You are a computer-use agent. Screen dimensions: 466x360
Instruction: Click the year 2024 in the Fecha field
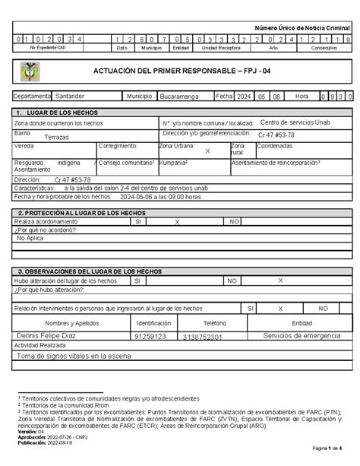tap(245, 97)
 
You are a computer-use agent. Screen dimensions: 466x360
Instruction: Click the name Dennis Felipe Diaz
tap(48, 334)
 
